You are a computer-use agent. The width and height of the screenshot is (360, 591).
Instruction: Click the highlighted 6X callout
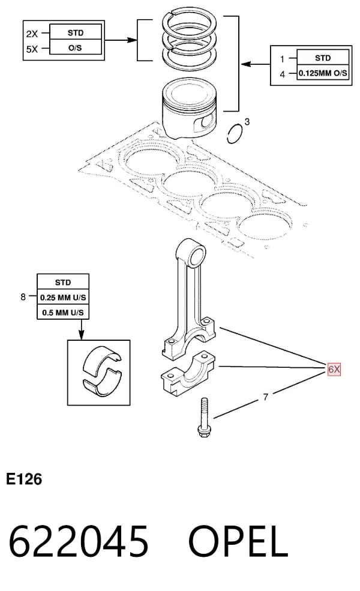[x=334, y=369]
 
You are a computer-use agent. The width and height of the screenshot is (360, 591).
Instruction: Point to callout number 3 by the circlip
[x=247, y=121]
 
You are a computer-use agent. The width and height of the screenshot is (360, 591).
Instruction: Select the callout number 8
[x=23, y=297]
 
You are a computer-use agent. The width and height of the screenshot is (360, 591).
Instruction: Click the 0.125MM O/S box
[x=323, y=73]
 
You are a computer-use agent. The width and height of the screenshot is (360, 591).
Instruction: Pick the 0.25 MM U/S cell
[x=63, y=298]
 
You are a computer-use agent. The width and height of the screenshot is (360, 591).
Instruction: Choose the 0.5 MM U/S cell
[x=63, y=313]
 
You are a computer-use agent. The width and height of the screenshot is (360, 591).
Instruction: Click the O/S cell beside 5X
[x=76, y=48]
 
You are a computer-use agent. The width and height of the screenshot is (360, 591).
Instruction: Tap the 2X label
[x=32, y=34]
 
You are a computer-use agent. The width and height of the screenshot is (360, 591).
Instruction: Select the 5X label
[x=32, y=49]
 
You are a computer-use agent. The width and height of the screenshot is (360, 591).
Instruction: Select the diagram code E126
[x=24, y=479]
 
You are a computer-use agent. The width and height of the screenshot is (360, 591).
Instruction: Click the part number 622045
[x=79, y=541]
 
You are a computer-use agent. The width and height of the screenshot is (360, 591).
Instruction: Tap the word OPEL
[x=238, y=541]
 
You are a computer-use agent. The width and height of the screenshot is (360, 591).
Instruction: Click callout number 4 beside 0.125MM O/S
[x=283, y=74]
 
